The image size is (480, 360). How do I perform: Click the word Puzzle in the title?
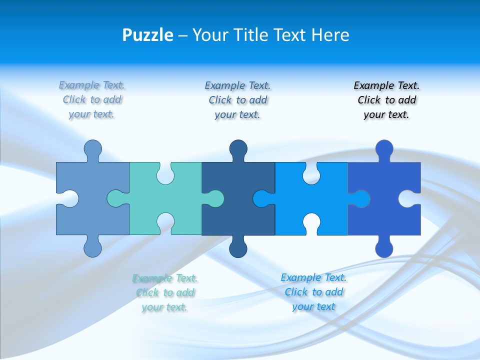(147, 35)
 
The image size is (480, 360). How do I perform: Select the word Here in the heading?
(329, 35)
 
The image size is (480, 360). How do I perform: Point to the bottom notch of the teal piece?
(165, 222)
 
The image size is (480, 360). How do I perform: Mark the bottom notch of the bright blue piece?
(311, 222)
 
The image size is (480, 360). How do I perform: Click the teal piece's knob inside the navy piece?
(214, 198)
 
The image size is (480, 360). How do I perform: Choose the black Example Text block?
(386, 100)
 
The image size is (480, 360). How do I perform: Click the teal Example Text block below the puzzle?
(165, 292)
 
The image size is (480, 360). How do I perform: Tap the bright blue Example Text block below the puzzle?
(313, 292)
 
